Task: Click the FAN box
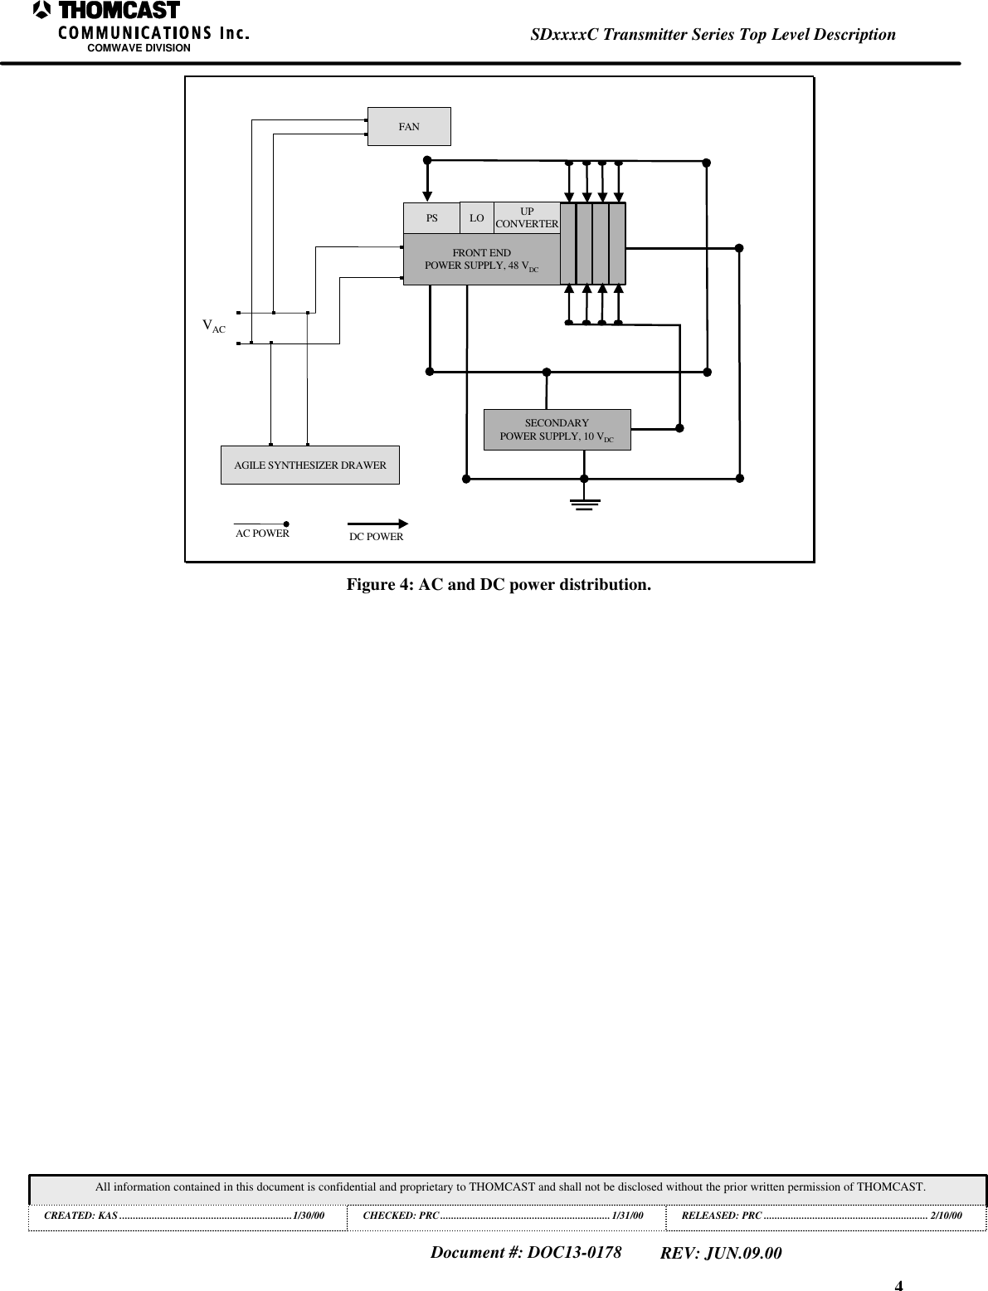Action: click(409, 127)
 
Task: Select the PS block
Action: click(431, 218)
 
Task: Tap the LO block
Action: click(476, 218)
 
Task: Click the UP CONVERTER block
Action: click(527, 217)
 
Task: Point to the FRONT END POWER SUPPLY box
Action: click(481, 259)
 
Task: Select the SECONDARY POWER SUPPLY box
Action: click(557, 430)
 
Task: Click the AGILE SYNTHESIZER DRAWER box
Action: click(309, 465)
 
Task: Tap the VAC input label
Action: click(214, 326)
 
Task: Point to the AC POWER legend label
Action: click(262, 533)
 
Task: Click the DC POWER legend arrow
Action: click(377, 524)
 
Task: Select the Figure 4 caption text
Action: click(499, 585)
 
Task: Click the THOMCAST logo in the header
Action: click(108, 12)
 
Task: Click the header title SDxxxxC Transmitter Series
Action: click(713, 34)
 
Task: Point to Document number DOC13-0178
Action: click(526, 1252)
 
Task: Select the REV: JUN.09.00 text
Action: click(720, 1253)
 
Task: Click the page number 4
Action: click(899, 1285)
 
